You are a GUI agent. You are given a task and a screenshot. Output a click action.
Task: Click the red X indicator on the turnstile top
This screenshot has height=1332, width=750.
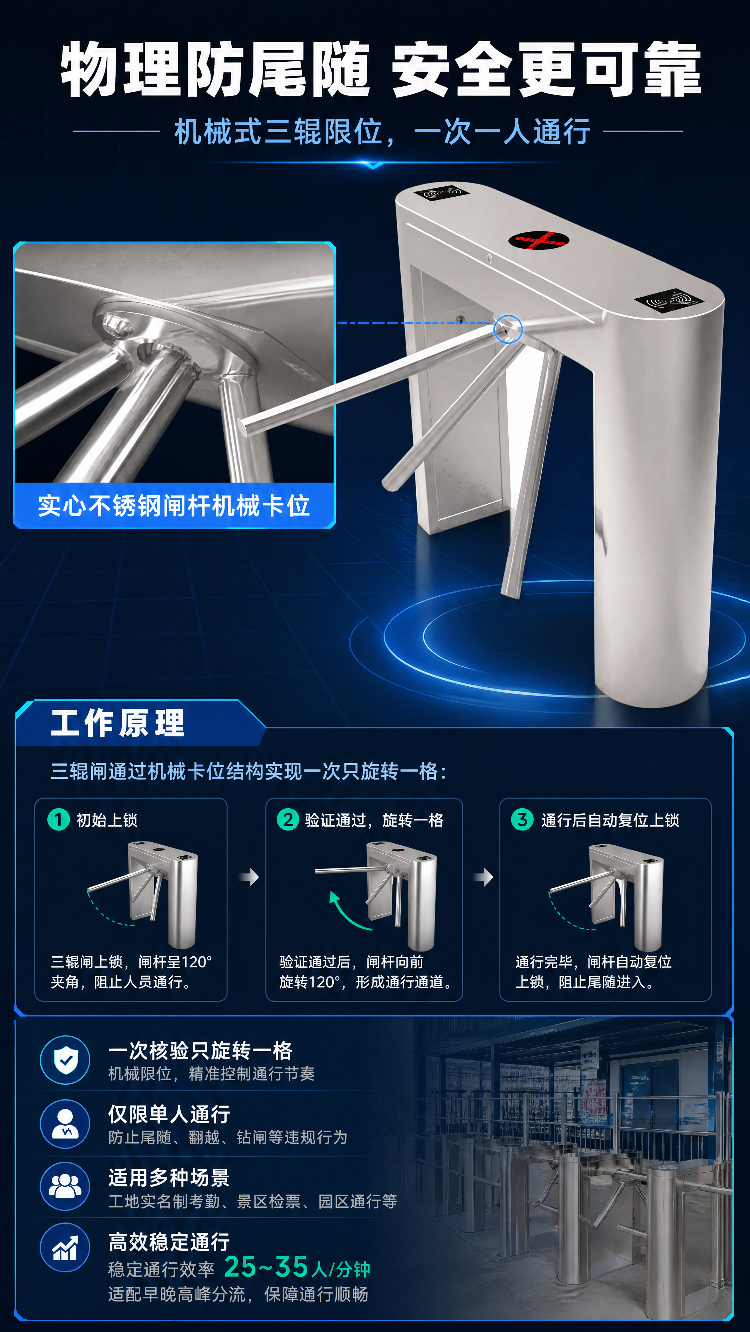pyautogui.click(x=539, y=240)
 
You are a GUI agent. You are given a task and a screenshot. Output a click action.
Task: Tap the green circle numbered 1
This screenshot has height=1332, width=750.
pyautogui.click(x=58, y=820)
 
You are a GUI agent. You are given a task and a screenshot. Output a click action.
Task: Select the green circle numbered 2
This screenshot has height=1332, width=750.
pyautogui.click(x=288, y=820)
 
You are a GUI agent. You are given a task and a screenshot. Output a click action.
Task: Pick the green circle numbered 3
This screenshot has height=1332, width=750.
pyautogui.click(x=522, y=820)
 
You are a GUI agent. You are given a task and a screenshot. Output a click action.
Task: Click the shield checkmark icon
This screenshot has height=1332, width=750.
pyautogui.click(x=65, y=1060)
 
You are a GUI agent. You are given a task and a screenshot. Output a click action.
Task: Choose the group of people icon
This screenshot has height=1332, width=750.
pyautogui.click(x=65, y=1186)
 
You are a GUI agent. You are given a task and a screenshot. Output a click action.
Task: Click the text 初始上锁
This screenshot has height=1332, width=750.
pyautogui.click(x=107, y=820)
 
